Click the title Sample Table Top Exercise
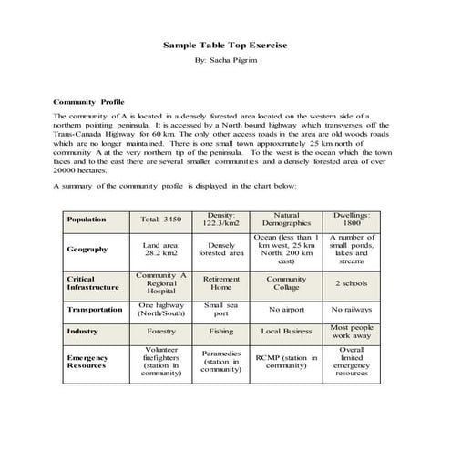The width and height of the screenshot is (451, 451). click(x=225, y=44)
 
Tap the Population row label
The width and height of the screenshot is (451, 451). click(x=87, y=220)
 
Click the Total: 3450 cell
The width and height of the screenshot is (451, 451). click(x=161, y=220)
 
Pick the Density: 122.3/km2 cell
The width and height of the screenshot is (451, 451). click(x=220, y=219)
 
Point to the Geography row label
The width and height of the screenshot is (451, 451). click(x=87, y=249)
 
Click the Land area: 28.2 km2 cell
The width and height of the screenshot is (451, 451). click(x=161, y=249)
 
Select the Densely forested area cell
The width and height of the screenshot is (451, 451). click(x=220, y=249)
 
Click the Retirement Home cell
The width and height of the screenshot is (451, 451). click(x=220, y=282)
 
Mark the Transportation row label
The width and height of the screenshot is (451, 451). click(x=94, y=309)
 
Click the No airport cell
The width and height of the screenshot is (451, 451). click(x=286, y=309)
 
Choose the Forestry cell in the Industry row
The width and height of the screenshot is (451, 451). click(x=161, y=332)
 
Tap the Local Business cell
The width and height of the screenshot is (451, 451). click(x=286, y=332)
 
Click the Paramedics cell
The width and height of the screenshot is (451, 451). click(x=220, y=362)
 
